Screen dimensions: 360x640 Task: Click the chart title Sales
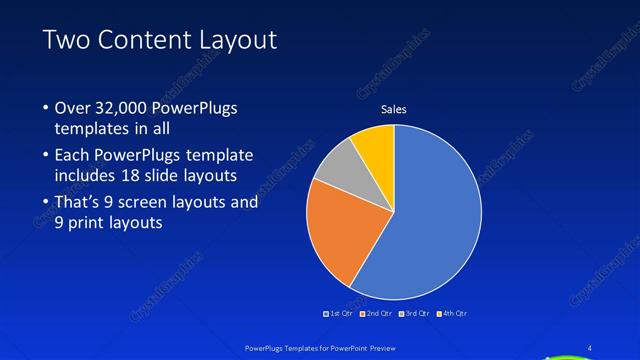(394, 109)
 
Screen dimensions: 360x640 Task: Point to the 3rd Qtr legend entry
(414, 313)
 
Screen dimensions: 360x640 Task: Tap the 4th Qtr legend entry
(451, 313)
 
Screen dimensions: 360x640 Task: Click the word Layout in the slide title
(232, 39)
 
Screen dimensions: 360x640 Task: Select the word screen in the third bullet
(146, 202)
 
